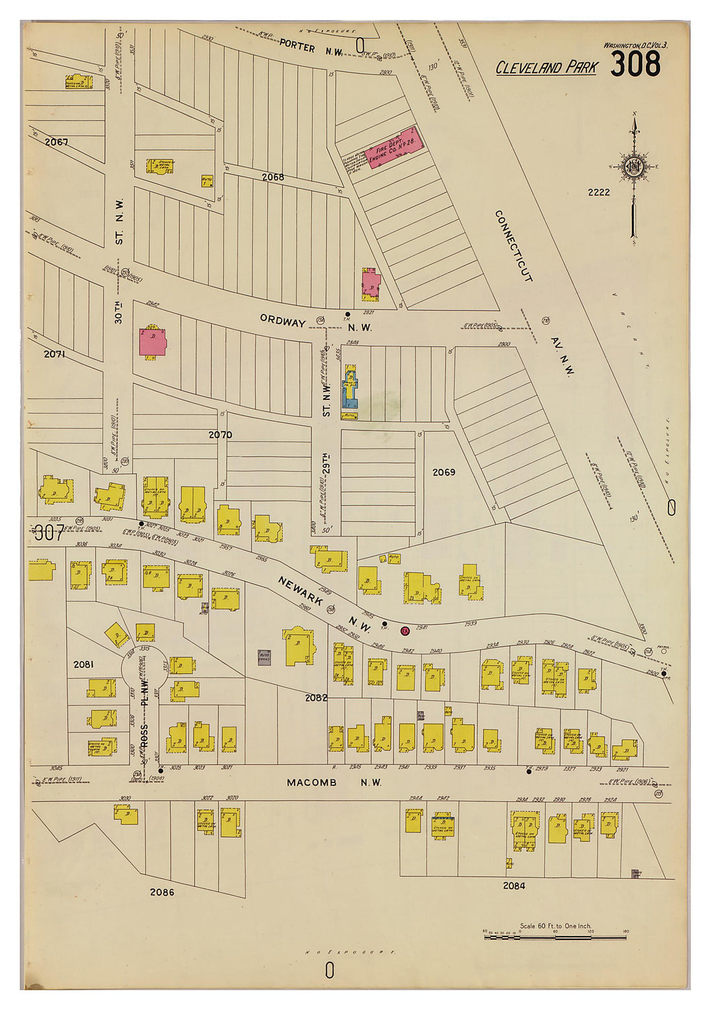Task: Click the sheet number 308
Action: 635,64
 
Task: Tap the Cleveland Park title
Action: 546,67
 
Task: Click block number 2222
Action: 599,192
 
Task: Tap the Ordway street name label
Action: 283,321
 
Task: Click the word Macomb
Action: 311,782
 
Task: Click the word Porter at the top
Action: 297,48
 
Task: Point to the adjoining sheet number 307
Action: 49,533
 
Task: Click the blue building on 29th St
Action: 350,388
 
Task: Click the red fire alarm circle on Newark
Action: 405,630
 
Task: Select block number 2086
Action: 162,892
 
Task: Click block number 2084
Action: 513,885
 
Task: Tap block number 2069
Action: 443,472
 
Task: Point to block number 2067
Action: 56,142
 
